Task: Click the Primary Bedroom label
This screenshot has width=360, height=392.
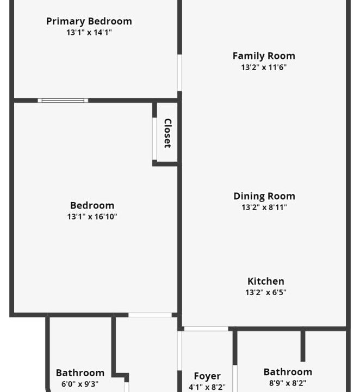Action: tap(89, 21)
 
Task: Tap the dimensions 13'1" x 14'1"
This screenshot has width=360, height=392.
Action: tap(89, 32)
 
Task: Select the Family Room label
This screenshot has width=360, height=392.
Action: tap(264, 56)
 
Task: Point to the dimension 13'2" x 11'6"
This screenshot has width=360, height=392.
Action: tap(264, 68)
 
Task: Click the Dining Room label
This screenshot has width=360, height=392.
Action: tap(264, 196)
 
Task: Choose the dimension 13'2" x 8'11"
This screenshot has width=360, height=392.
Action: tap(264, 207)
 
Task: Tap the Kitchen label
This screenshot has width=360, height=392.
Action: tap(266, 281)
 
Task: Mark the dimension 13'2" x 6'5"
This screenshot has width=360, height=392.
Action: tap(266, 292)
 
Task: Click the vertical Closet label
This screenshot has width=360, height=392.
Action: tap(167, 133)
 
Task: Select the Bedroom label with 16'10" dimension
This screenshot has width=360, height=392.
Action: tap(92, 205)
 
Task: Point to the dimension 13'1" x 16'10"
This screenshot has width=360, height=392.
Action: tap(92, 217)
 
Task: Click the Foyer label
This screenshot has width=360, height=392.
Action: tap(207, 376)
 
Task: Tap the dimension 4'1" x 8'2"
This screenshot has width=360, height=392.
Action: tap(207, 387)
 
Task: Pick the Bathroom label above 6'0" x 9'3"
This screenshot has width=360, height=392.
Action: tap(80, 373)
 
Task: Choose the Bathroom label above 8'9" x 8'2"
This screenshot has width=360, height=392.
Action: tap(288, 372)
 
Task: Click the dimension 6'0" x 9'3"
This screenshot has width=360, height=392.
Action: tap(80, 384)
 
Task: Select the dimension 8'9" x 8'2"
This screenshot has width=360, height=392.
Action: tap(288, 383)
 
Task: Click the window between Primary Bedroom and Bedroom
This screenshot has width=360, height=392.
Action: tap(63, 101)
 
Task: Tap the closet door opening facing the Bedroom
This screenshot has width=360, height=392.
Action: tap(154, 139)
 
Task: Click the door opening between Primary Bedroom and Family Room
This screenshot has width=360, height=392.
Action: tap(179, 73)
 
